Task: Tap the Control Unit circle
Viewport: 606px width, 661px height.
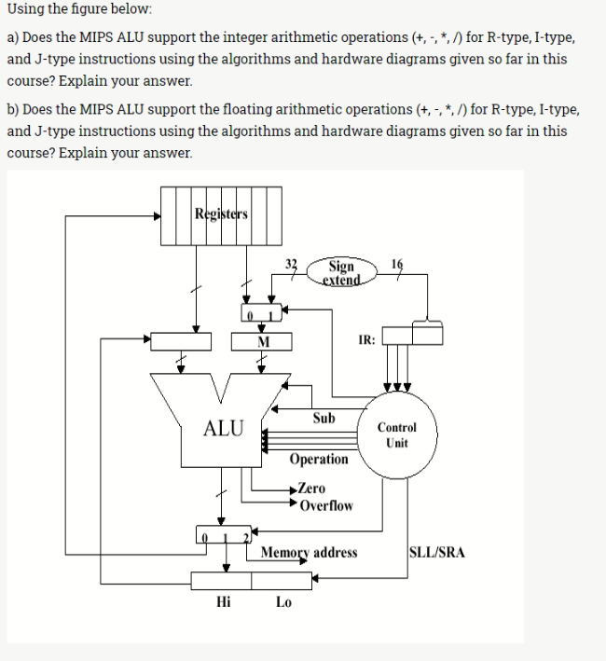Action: (396, 435)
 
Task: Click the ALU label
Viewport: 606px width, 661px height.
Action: (224, 429)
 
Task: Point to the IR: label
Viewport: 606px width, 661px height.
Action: (366, 340)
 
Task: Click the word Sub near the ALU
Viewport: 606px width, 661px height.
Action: (324, 418)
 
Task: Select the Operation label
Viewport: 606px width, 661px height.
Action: (318, 460)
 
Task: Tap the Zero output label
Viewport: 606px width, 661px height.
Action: (311, 489)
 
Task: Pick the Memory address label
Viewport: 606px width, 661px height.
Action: (309, 553)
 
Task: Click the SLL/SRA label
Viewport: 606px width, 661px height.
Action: (437, 553)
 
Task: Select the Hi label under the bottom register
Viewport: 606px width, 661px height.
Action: (223, 602)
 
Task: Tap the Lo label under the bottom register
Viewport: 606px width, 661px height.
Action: (283, 602)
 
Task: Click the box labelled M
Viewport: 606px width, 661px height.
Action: (262, 342)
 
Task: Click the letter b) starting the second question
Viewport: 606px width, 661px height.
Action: (13, 110)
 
